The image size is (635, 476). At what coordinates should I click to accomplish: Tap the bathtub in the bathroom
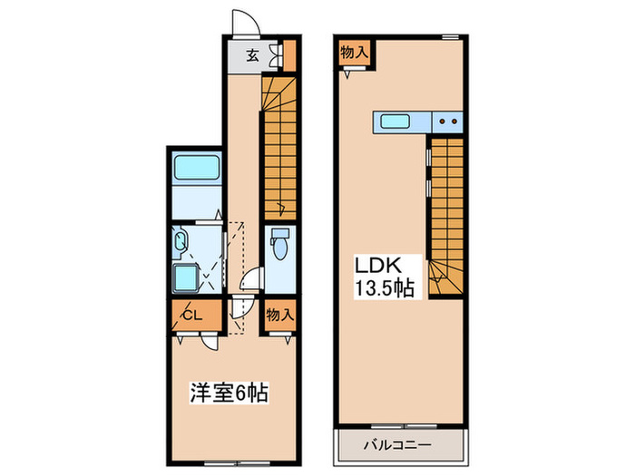coord(196,170)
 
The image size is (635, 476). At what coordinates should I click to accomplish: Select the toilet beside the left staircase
coord(280,243)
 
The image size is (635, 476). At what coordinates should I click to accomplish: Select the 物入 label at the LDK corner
coord(354,53)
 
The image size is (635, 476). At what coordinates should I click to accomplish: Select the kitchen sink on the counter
coord(397,121)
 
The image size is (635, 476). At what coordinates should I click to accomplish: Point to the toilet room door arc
coord(256,281)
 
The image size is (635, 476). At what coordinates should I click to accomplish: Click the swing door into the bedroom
coord(210,343)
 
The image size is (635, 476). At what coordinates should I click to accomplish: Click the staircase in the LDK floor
coord(444,218)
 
